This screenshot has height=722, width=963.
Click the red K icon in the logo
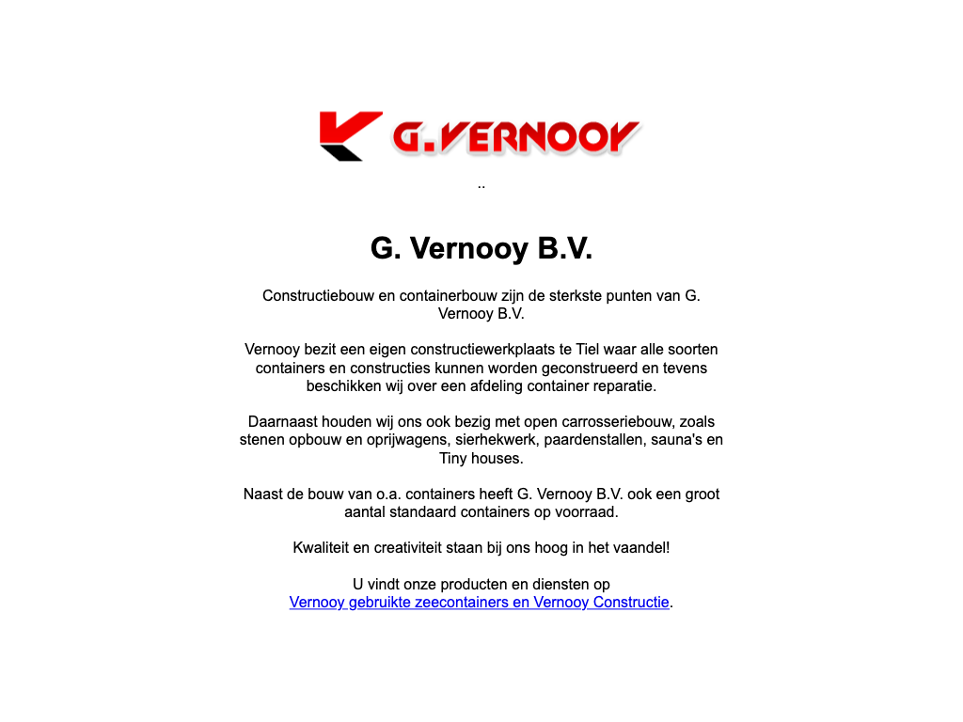point(349,135)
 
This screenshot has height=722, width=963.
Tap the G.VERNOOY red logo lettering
point(515,137)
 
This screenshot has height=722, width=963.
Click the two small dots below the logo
point(481,185)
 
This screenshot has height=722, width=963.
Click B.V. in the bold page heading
point(564,248)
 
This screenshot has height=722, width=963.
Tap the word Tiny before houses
point(455,459)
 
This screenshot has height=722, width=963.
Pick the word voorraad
point(588,512)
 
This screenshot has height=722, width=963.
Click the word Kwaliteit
point(324,547)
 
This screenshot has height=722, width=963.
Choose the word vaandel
point(639,547)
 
